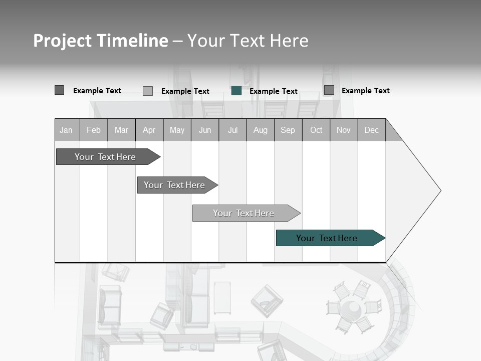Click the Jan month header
click(67, 130)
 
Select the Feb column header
click(94, 130)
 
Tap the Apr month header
click(149, 130)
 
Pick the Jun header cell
click(205, 130)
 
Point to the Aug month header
click(261, 130)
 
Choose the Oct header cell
click(316, 130)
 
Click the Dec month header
click(372, 130)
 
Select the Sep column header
click(288, 130)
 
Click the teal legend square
click(236, 91)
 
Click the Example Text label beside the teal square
click(274, 91)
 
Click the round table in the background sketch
click(353, 307)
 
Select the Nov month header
click(344, 130)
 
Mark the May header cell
click(177, 130)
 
